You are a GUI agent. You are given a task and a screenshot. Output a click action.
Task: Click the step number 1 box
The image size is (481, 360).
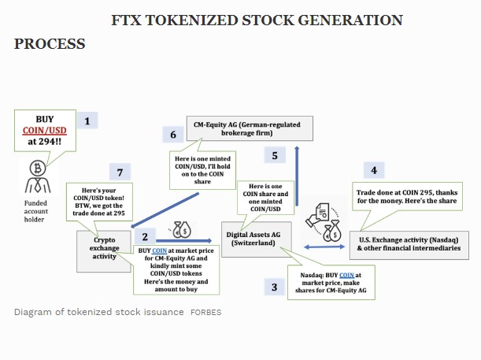[91, 121]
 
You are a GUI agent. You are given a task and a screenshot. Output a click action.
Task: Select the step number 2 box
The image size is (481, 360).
[144, 236]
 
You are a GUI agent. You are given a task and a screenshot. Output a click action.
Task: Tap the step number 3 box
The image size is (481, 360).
[273, 287]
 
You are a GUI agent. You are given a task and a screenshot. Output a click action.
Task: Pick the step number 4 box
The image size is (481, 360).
[373, 170]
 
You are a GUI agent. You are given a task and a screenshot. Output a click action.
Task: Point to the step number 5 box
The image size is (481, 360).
[274, 155]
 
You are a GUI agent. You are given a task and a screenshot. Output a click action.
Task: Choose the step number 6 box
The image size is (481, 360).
[173, 135]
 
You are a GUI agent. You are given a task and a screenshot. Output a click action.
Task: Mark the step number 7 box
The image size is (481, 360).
[120, 172]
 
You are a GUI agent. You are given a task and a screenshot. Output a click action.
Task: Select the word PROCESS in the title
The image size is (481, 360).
[50, 44]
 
